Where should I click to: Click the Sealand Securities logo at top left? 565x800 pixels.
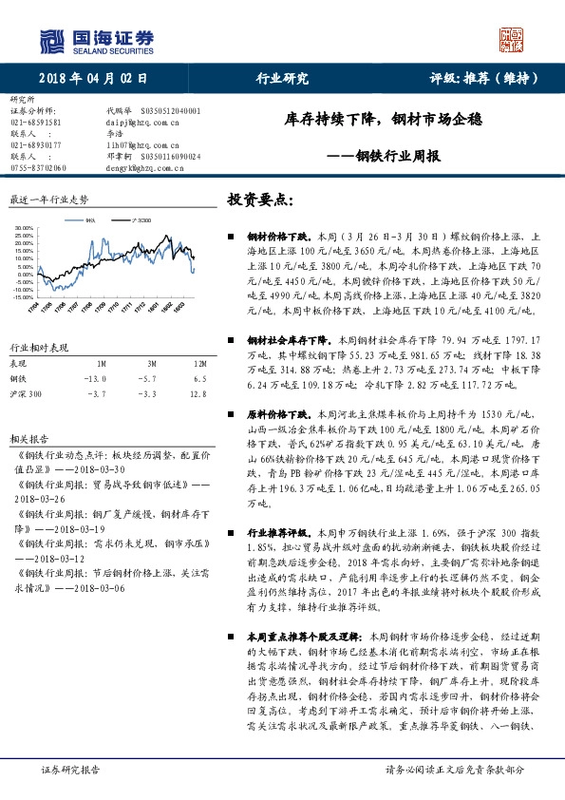[x=95, y=39]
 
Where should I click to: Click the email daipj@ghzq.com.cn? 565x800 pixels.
[x=142, y=123]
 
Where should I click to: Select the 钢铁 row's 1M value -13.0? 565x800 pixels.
[x=98, y=378]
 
